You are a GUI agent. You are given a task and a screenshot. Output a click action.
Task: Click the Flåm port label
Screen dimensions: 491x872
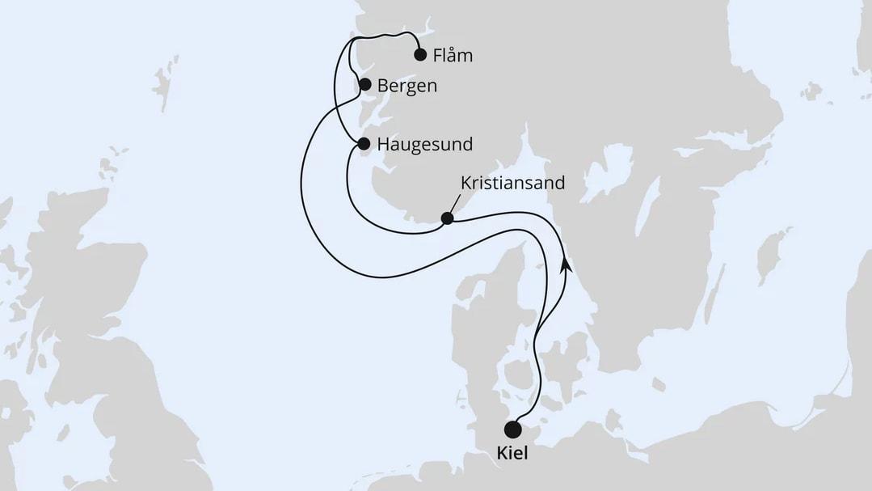(453, 57)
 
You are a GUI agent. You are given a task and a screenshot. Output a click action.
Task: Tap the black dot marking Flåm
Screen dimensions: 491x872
(420, 55)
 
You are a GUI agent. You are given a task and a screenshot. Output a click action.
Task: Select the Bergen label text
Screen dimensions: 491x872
(407, 86)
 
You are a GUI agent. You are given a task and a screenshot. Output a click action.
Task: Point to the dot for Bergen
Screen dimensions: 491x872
(364, 84)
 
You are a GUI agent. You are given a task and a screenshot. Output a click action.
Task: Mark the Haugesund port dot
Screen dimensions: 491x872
(363, 144)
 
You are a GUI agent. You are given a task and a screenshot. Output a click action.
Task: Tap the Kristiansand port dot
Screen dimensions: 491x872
(447, 218)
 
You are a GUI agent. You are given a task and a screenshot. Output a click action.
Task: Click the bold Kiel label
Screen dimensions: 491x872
(512, 455)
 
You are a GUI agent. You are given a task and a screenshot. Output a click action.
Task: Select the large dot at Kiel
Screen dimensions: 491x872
(512, 429)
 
